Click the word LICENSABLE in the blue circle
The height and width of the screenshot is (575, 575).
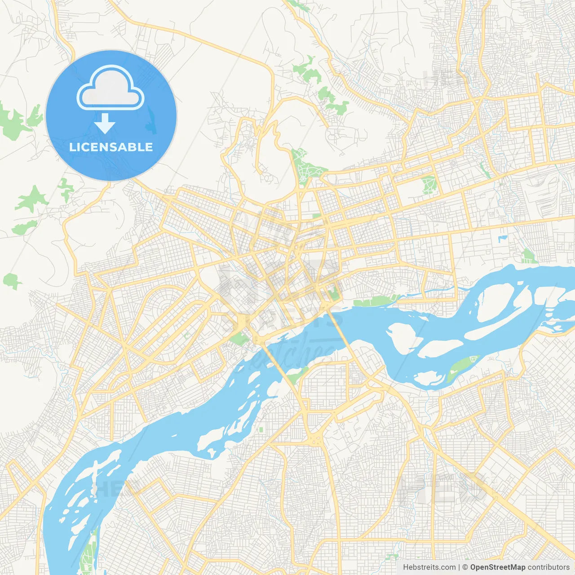[x=111, y=147]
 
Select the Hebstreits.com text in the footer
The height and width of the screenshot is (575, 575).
[x=429, y=567]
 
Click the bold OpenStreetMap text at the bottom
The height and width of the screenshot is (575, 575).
[x=497, y=567]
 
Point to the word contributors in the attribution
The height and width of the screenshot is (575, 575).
[x=548, y=567]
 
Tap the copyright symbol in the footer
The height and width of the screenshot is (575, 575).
[x=465, y=567]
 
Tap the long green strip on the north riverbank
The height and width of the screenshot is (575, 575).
[x=375, y=300]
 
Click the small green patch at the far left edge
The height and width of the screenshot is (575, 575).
[x=11, y=281]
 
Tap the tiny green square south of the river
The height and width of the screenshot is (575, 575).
[x=261, y=430]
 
